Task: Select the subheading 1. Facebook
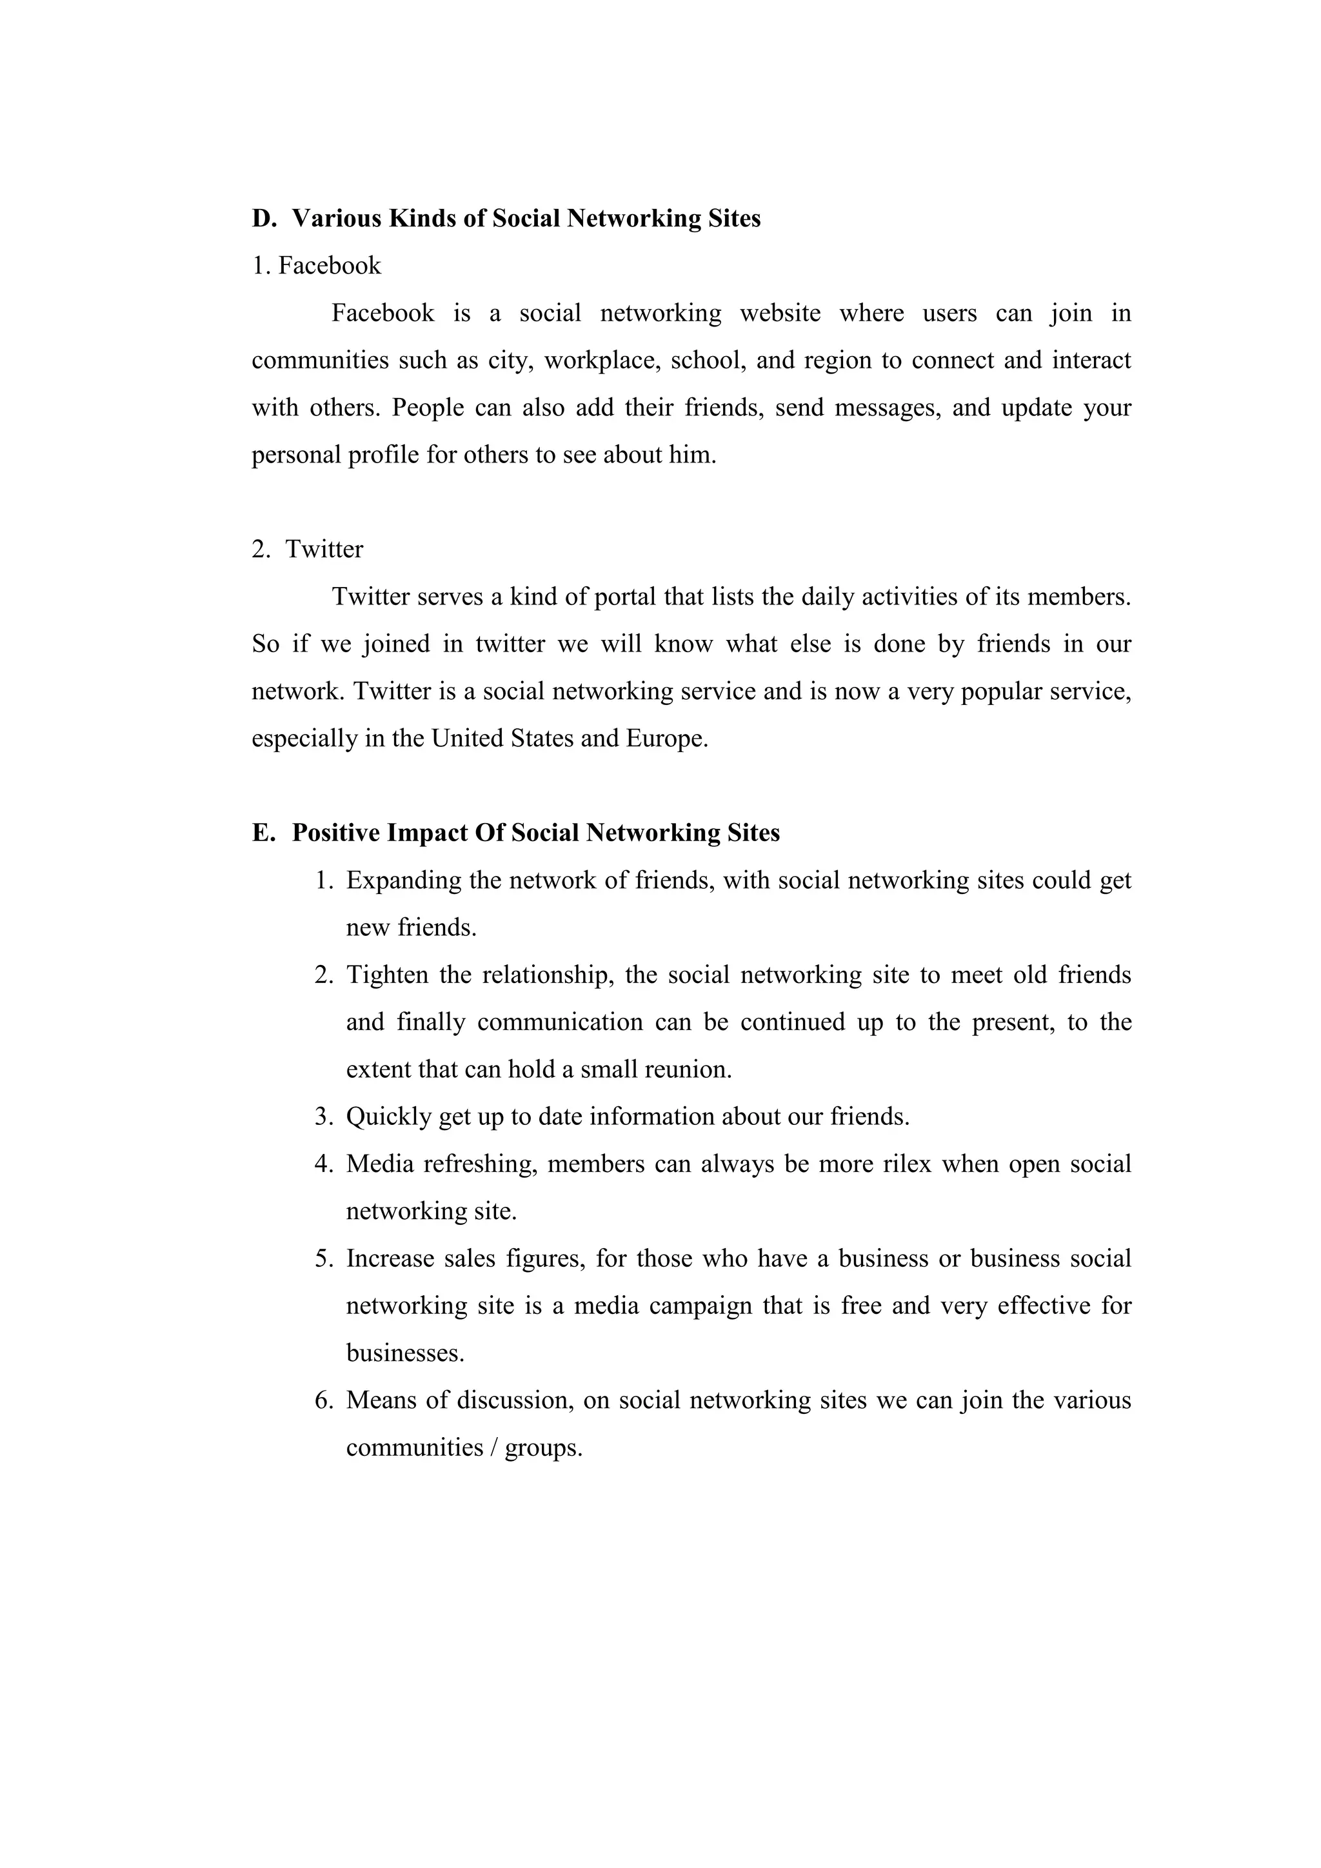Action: (317, 266)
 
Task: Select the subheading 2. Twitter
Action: (308, 550)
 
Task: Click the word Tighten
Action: (387, 975)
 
